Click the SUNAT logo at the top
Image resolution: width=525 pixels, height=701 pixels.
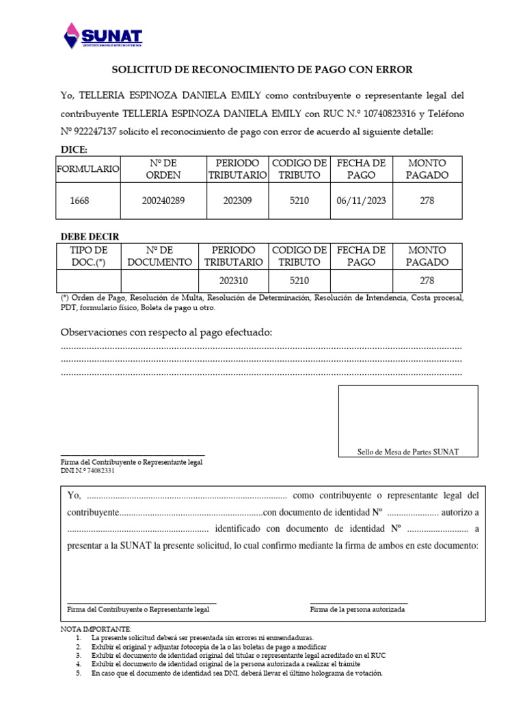(x=103, y=36)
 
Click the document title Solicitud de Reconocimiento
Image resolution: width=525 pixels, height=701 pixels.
(x=262, y=70)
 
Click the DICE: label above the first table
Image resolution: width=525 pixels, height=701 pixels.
(x=75, y=150)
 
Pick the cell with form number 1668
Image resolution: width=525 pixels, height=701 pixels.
(x=79, y=201)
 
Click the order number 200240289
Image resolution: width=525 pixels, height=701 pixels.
(x=163, y=201)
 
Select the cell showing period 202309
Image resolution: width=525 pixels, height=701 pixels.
(x=237, y=201)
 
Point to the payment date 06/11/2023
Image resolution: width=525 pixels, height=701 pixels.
(x=361, y=201)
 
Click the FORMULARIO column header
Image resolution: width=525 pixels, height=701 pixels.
(x=87, y=169)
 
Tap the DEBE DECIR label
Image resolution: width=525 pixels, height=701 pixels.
(x=90, y=237)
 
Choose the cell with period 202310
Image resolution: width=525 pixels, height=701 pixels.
(x=233, y=281)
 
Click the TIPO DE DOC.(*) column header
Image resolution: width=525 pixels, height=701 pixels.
(x=89, y=256)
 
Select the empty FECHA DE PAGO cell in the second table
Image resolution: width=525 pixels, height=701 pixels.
(x=361, y=281)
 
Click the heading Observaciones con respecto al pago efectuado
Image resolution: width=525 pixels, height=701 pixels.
(x=166, y=333)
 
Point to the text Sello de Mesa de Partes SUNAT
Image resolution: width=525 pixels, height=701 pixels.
(x=408, y=452)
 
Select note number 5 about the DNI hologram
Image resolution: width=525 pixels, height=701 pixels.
(x=237, y=673)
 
